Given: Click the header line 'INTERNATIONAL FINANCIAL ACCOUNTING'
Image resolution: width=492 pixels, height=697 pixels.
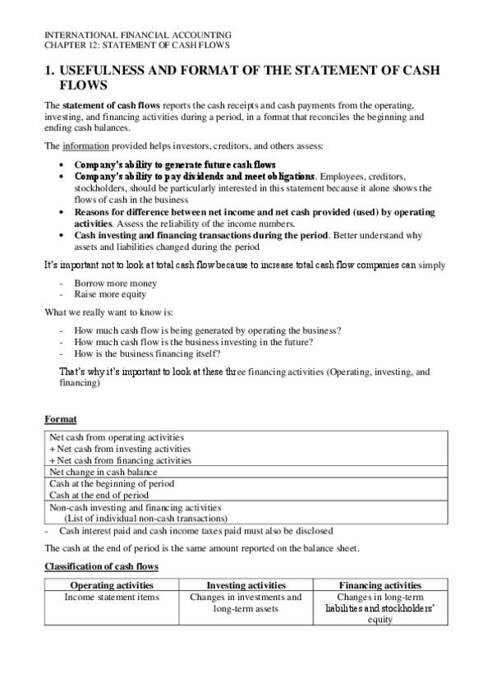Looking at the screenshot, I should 137,35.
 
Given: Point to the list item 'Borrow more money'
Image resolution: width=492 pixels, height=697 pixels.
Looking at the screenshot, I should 109,284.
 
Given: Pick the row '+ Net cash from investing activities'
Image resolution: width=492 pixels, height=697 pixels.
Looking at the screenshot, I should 119,449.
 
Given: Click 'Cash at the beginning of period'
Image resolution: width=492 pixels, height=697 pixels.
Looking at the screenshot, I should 108,484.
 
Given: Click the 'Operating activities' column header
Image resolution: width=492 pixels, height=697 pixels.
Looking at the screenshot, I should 109,584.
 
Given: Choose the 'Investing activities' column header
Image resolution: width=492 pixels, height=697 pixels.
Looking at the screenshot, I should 245,584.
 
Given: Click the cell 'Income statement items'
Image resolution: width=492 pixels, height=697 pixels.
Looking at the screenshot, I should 110,597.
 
